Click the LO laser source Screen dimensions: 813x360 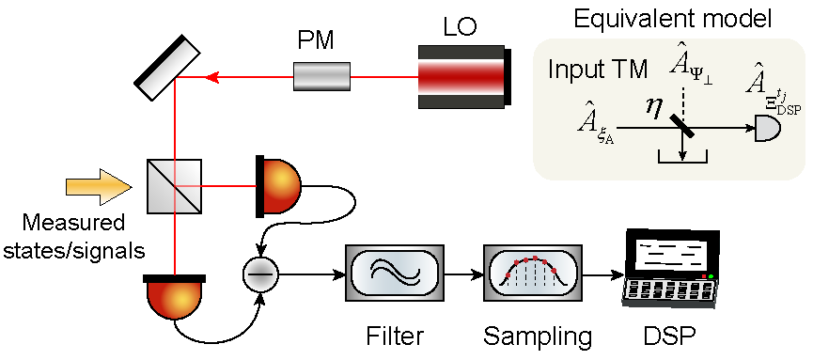[x=465, y=77]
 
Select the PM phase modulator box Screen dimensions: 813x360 [x=321, y=77]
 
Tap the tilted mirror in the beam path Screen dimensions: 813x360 [x=167, y=68]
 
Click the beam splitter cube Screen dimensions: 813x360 [x=174, y=186]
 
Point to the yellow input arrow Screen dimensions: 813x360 [x=98, y=186]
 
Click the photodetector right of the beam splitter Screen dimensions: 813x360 [x=278, y=186]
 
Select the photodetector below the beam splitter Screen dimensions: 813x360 [x=175, y=297]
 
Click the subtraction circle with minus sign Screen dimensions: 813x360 [x=260, y=274]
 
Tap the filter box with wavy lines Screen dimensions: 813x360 [x=395, y=273]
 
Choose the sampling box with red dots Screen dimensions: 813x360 [x=532, y=273]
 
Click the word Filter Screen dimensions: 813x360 [x=395, y=337]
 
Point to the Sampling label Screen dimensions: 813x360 [x=538, y=337]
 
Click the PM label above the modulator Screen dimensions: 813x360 [x=316, y=42]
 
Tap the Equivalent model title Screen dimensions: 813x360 [x=673, y=20]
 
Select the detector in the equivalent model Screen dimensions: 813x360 [x=768, y=127]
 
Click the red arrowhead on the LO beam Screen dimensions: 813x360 [x=211, y=77]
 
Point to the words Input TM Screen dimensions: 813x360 [x=598, y=70]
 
